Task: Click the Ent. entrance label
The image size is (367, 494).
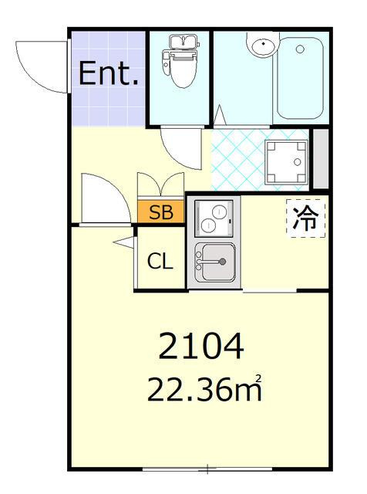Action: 109,75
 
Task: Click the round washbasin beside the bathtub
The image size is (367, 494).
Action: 262,46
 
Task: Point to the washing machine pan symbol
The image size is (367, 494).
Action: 287,162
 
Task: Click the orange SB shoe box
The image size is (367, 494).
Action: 161,213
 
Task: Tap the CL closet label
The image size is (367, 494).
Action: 160,262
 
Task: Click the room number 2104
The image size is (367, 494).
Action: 201,347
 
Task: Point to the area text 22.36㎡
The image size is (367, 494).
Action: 205,391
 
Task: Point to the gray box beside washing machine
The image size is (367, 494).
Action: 320,160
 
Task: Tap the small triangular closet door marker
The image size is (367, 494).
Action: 124,243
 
